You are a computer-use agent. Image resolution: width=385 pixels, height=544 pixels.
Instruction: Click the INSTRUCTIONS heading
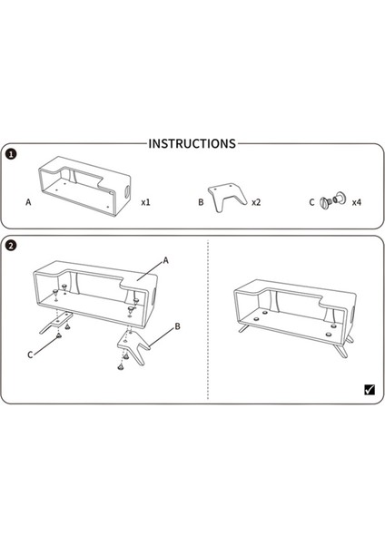(192, 143)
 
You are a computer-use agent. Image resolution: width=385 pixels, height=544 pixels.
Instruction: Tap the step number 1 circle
(12, 154)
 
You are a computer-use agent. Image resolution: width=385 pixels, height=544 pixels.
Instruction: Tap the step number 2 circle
(12, 246)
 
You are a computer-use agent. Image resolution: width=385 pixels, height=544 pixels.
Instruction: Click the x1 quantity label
(145, 202)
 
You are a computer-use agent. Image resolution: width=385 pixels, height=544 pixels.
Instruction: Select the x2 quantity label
(256, 202)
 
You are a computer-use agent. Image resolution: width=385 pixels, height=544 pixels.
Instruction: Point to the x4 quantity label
(357, 202)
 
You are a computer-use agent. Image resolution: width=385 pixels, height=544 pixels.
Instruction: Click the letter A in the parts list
(28, 202)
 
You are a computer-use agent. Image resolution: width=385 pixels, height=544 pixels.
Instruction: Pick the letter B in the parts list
(201, 202)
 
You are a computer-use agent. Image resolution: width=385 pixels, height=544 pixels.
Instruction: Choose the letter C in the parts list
(311, 202)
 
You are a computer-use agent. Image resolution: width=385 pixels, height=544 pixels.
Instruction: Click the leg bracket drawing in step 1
(226, 195)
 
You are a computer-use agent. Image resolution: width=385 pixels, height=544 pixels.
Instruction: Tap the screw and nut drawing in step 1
(332, 199)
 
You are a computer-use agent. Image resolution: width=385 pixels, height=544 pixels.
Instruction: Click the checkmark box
(370, 390)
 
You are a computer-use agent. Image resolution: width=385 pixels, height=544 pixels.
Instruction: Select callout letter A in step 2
(166, 260)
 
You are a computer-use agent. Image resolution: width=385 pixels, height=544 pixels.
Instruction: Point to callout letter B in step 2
(178, 326)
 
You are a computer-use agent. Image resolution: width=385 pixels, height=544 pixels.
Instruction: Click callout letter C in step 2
(30, 355)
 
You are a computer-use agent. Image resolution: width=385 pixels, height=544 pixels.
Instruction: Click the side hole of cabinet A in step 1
(127, 190)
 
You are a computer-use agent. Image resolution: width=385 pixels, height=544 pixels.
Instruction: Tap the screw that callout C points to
(59, 335)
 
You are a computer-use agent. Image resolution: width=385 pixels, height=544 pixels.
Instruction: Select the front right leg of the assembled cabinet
(340, 349)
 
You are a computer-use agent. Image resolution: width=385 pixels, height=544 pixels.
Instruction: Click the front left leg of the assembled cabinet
(244, 327)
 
